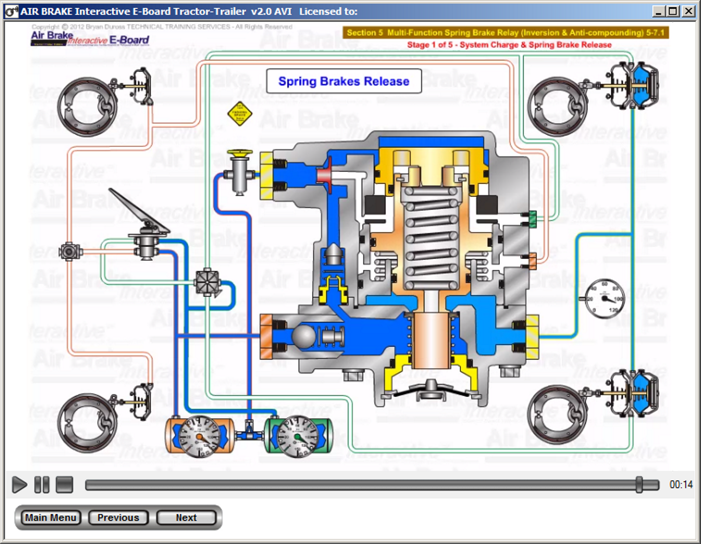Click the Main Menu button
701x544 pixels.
pyautogui.click(x=50, y=518)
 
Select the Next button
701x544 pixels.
pyautogui.click(x=186, y=518)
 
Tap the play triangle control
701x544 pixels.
pyautogui.click(x=19, y=484)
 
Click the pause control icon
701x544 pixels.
pyautogui.click(x=42, y=484)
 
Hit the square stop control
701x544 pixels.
pyautogui.click(x=64, y=484)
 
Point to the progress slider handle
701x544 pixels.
pyautogui.click(x=639, y=484)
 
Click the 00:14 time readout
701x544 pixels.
pyautogui.click(x=681, y=484)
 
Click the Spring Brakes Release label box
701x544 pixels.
pyautogui.click(x=343, y=81)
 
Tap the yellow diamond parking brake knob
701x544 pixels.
pyautogui.click(x=240, y=114)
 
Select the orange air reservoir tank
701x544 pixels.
pyautogui.click(x=199, y=436)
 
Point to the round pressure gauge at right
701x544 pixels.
pyautogui.click(x=605, y=298)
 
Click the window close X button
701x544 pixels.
pyautogui.click(x=689, y=11)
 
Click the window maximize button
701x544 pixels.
pyautogui.click(x=673, y=11)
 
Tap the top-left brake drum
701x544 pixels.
pyautogui.click(x=88, y=107)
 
